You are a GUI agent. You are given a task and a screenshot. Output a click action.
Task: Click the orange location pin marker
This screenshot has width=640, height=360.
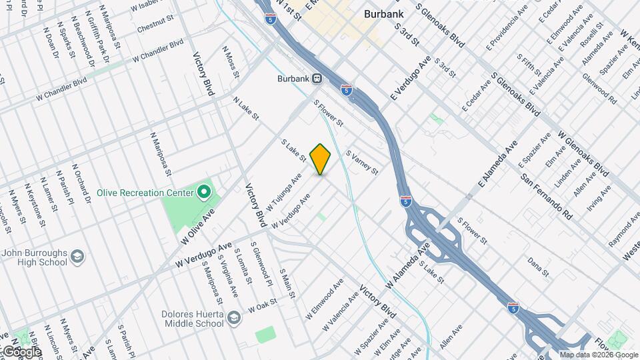[x=321, y=159]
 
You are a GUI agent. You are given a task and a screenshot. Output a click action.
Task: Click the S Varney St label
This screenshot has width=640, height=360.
[x=362, y=162]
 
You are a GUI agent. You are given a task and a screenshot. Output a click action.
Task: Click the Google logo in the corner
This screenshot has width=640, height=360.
[x=21, y=351]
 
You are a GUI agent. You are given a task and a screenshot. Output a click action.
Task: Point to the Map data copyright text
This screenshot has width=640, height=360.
[x=598, y=355]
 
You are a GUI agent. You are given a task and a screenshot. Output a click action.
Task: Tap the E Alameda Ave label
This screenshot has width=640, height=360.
[x=497, y=162]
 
